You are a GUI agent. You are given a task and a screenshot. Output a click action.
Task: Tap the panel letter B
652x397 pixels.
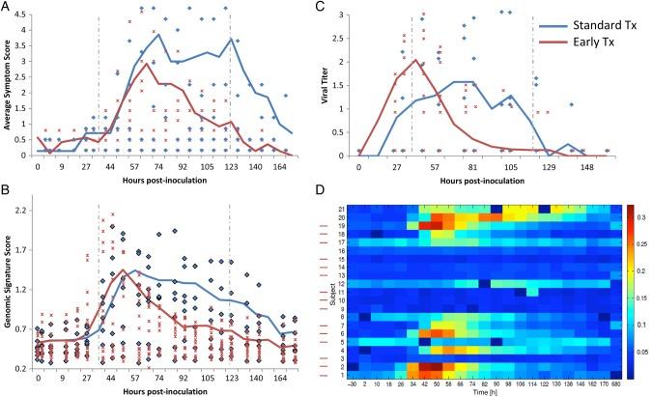point(9,199)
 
